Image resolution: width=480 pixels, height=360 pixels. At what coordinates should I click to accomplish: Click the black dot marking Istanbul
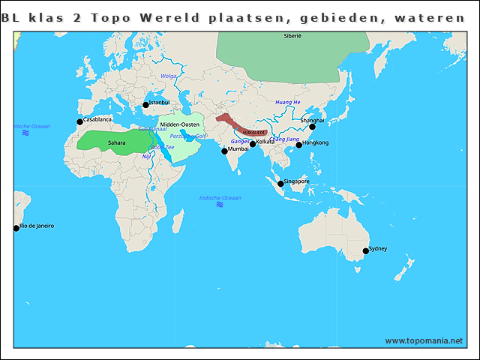(146, 105)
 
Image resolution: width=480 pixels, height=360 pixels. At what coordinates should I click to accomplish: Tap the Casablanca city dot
(80, 121)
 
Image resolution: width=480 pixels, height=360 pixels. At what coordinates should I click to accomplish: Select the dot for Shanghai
(313, 127)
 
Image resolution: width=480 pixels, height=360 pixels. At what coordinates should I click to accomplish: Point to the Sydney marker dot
(366, 251)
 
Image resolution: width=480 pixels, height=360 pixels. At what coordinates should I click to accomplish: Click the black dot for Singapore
(280, 184)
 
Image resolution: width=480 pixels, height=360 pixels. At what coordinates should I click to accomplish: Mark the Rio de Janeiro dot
(16, 228)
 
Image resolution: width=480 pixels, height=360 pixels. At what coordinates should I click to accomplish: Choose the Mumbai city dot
(224, 151)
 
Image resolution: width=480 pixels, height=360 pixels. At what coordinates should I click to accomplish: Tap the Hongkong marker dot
(299, 145)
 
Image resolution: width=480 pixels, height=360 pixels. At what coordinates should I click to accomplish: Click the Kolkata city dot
(253, 144)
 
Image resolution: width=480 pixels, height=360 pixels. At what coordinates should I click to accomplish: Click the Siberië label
(292, 36)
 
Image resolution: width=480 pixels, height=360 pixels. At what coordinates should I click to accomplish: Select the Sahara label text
(116, 142)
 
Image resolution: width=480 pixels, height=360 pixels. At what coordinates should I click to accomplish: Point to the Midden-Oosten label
(179, 124)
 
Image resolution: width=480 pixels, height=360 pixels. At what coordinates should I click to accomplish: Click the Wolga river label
(169, 76)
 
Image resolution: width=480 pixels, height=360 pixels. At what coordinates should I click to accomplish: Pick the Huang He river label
(287, 102)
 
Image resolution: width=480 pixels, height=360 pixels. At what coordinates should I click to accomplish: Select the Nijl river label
(146, 156)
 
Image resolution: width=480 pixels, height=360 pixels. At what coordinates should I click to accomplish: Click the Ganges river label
(239, 141)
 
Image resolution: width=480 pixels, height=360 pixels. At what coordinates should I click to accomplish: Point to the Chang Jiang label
(284, 139)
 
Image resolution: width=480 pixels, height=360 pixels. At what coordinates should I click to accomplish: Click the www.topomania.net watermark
(424, 340)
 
